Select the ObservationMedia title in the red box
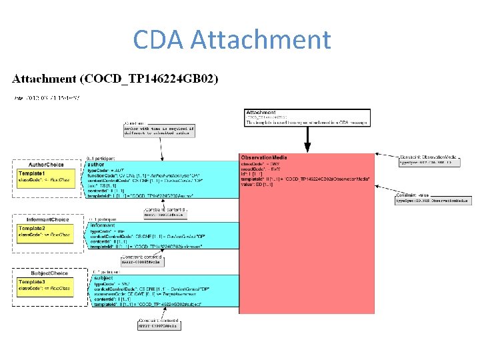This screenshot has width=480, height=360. point(264,157)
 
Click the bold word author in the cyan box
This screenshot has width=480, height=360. point(96,164)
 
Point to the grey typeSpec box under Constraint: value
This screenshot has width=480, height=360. point(433,200)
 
